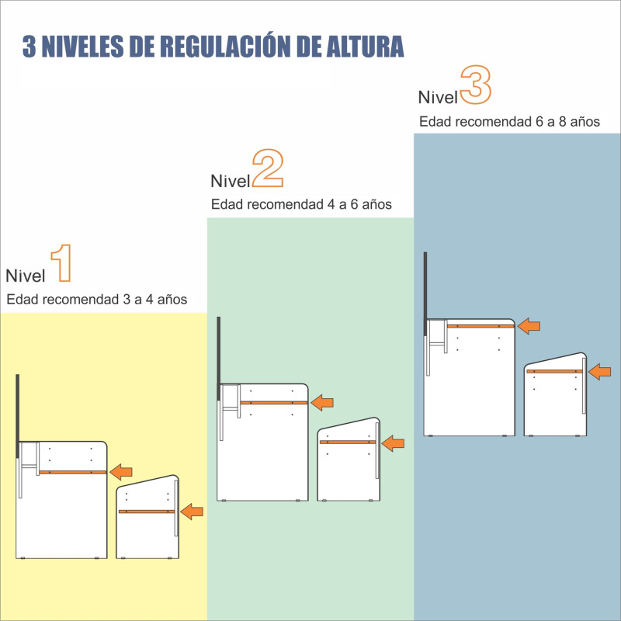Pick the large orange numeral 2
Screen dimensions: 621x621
coord(267,168)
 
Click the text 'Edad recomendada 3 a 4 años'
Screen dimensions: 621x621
coord(97,300)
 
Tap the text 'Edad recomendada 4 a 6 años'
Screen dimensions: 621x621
coord(301,205)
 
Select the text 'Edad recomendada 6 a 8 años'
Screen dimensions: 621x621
coord(509,122)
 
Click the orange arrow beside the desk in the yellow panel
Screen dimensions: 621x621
coord(121,471)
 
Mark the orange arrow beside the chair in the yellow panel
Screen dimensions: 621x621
coord(192,512)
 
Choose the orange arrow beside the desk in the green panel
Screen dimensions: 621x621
coord(321,402)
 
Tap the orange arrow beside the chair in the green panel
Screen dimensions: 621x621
coord(394,442)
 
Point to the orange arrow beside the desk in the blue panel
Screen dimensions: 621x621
coord(529,326)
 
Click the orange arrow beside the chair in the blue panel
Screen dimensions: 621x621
coord(599,372)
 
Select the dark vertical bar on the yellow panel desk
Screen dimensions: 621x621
coord(17,416)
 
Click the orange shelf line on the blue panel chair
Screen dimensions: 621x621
coord(553,372)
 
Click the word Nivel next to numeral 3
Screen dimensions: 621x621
coord(438,98)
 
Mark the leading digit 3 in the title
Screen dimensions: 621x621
coord(29,46)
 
